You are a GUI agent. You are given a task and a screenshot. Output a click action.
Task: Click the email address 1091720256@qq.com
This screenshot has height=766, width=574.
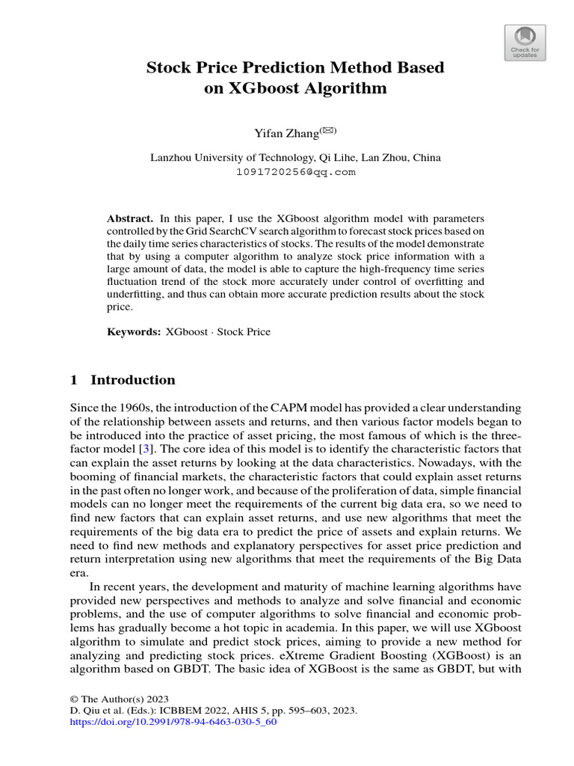click(x=295, y=171)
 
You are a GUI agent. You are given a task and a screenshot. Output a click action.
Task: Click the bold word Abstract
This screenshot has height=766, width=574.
click(x=130, y=218)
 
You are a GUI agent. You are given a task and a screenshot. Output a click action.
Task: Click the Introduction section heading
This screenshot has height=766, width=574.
click(x=133, y=380)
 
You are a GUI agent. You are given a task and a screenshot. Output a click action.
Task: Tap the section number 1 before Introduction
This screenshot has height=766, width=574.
click(x=74, y=380)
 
